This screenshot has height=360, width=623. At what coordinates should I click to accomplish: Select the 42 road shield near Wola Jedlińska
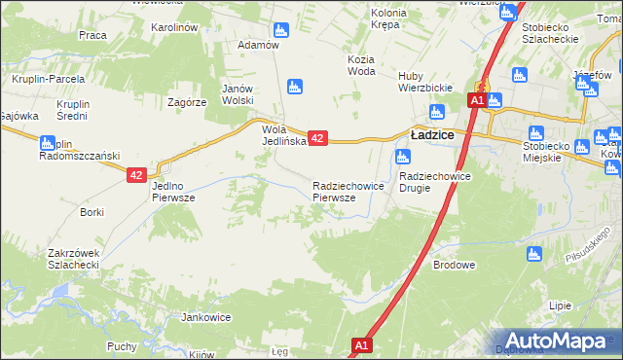pos(316,139)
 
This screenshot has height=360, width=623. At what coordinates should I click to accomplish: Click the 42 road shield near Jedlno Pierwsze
pos(136,175)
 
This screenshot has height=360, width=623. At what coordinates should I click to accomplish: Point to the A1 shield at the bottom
pos(361,344)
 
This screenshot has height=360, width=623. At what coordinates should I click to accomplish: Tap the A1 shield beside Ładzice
pos(476,100)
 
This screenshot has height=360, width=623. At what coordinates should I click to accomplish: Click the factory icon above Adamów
pos(281,30)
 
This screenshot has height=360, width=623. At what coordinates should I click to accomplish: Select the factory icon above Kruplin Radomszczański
pos(45,144)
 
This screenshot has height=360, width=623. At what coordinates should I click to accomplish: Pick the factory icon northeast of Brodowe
pos(532,254)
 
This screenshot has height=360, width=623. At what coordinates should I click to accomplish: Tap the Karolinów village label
pos(175,27)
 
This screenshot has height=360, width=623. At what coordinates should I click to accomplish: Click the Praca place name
pos(92,35)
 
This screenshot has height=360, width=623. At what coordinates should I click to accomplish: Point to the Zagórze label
pos(186,101)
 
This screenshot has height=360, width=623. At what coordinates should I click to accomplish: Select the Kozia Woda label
pos(360,64)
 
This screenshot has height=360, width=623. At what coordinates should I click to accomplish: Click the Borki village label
pos(92,211)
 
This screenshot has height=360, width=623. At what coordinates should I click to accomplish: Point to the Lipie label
pos(560,305)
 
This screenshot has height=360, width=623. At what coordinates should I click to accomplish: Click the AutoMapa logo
pos(558,340)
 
